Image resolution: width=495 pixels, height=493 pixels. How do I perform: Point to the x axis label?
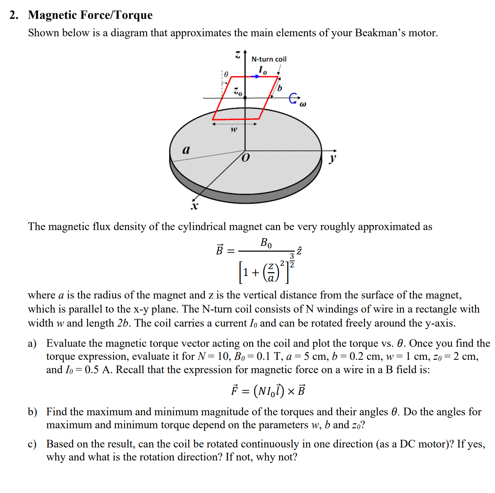pyautogui.click(x=194, y=206)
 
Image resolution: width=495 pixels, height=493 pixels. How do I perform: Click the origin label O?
pyautogui.click(x=245, y=158)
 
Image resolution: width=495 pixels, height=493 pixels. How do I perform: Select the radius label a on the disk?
pyautogui.click(x=186, y=150)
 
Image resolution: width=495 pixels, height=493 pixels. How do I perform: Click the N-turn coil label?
pyautogui.click(x=269, y=59)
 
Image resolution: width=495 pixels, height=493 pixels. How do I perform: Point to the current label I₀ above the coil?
pyautogui.click(x=263, y=70)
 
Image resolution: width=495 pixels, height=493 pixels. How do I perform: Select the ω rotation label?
pyautogui.click(x=303, y=104)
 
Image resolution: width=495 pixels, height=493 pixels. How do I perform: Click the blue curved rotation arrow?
pyautogui.click(x=293, y=98)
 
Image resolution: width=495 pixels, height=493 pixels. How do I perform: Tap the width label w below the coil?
pyautogui.click(x=233, y=129)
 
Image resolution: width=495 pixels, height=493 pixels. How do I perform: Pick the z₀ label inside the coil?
pyautogui.click(x=238, y=91)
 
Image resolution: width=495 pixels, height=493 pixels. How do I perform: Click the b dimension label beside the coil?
pyautogui.click(x=280, y=88)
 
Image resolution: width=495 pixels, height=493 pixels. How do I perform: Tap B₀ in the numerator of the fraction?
pyautogui.click(x=266, y=243)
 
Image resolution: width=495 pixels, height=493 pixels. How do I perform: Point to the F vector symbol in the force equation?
pyautogui.click(x=234, y=390)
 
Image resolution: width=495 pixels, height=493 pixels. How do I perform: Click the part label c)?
pyautogui.click(x=32, y=444)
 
